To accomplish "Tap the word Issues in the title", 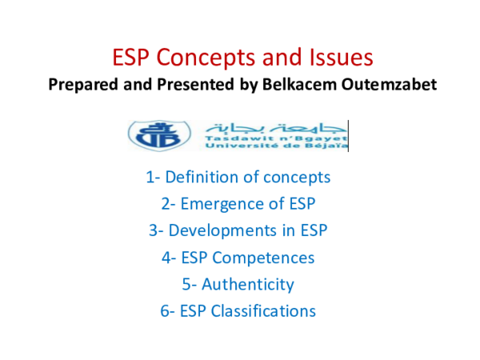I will click(339, 58).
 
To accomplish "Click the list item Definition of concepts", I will click(240, 177).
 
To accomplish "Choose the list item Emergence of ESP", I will click(240, 203).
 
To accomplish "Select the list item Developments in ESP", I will click(240, 230).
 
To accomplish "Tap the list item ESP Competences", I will click(240, 257).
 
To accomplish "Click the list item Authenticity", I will click(240, 284).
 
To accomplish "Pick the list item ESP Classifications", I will click(240, 310).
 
